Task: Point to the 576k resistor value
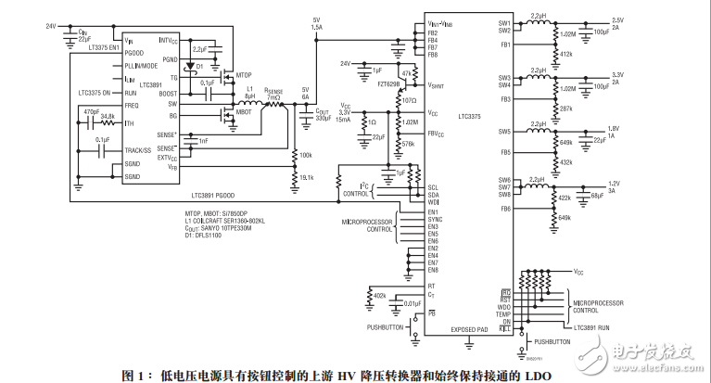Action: click(x=409, y=144)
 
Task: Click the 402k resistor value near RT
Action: click(x=380, y=295)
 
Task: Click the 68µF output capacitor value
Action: click(x=597, y=196)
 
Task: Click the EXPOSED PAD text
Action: click(x=469, y=329)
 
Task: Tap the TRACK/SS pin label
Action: click(x=138, y=149)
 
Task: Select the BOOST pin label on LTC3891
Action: click(x=168, y=94)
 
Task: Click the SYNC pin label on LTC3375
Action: click(x=436, y=219)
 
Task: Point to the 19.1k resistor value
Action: click(x=306, y=177)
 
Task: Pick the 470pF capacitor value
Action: click(x=91, y=111)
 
